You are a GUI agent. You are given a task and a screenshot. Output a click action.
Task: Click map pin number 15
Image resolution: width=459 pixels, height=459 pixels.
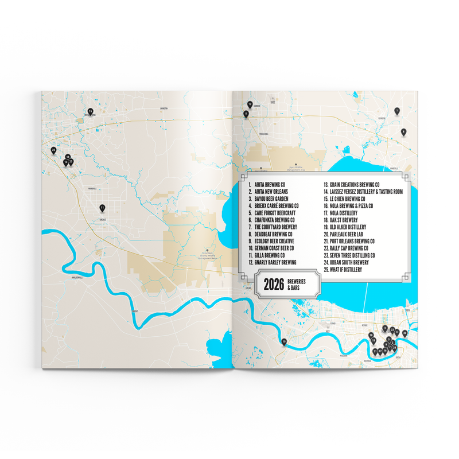tap(90, 111)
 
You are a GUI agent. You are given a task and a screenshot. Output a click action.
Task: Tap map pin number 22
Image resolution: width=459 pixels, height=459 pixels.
tap(53, 150)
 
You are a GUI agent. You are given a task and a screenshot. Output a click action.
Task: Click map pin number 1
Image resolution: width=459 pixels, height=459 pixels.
tap(396, 110)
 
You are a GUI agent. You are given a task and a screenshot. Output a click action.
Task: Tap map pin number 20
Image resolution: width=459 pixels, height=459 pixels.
tap(404, 333)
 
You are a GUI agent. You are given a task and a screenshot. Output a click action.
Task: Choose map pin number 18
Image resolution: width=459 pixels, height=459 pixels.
tap(371, 335)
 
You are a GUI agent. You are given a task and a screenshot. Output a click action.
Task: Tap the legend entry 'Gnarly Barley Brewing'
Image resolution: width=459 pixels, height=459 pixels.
tap(277, 262)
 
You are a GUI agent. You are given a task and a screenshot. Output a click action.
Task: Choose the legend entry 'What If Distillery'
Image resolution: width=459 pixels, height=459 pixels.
tap(345, 269)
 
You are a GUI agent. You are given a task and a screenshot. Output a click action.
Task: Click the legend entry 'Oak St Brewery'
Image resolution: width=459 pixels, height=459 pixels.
tap(344, 220)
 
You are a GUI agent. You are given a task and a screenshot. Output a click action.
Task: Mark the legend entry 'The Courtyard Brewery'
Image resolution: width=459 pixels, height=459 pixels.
tap(277, 227)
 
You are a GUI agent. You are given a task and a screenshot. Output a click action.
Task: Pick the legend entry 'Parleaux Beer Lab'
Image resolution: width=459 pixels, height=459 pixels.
tap(347, 234)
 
